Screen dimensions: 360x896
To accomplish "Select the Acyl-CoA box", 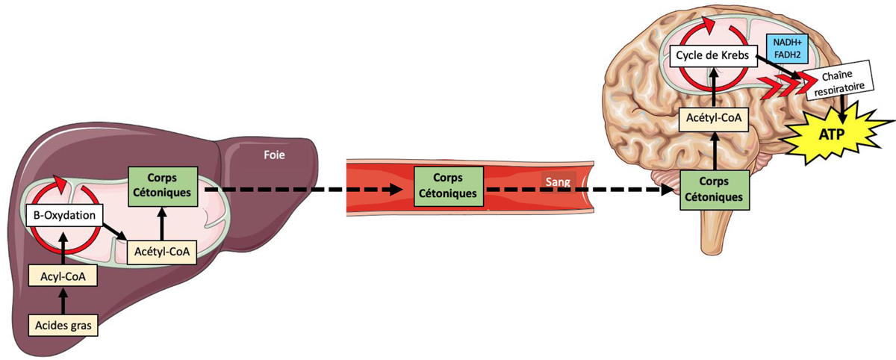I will (x=63, y=276).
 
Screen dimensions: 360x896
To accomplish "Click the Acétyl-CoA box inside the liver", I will (x=162, y=251).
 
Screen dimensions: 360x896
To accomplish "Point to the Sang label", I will (x=556, y=181).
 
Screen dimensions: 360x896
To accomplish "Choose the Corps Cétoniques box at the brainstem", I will (x=715, y=190).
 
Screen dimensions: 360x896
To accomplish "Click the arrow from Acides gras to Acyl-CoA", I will (x=63, y=301).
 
